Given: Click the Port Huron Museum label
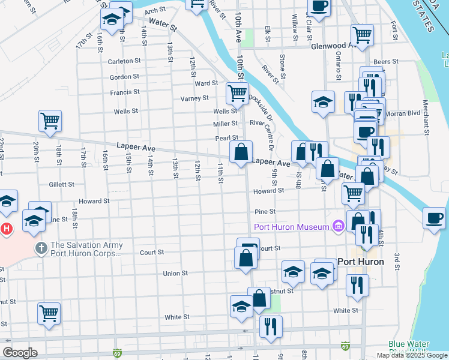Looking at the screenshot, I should click(291, 227).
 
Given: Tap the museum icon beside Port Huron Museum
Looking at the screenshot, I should click(338, 226).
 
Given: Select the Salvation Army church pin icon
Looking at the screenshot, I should click(41, 248).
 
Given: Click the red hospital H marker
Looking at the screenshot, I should click(6, 229).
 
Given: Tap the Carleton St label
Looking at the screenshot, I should click(124, 61).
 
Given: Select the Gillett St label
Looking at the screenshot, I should click(62, 185).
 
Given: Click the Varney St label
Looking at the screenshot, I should click(194, 98).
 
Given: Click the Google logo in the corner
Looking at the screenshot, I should click(20, 353).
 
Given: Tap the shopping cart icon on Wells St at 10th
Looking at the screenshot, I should click(237, 93).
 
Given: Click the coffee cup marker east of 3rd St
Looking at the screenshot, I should click(434, 218).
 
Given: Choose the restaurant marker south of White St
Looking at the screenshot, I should click(271, 326).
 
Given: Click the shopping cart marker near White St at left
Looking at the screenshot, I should click(49, 313).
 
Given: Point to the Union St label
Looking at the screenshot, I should click(176, 274).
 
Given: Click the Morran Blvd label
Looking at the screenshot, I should click(405, 113).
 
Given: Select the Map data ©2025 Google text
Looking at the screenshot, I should click(411, 355).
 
